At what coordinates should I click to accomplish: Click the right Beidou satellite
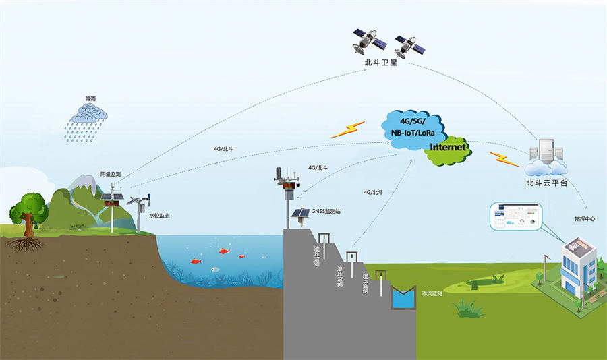click(x=409, y=46)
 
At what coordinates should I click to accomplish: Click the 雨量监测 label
click(x=110, y=175)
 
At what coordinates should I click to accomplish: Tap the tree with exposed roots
click(x=28, y=216)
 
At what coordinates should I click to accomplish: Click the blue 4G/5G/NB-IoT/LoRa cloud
click(x=413, y=126)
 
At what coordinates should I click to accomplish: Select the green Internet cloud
click(x=447, y=148)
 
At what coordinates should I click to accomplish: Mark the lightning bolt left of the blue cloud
click(x=348, y=129)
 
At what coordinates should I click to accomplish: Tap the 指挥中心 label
click(x=585, y=219)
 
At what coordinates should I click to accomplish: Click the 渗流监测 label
click(x=432, y=294)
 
